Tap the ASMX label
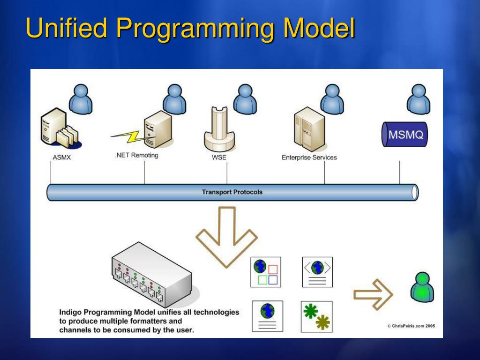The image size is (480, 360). point(61,157)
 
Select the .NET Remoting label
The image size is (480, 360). point(136,155)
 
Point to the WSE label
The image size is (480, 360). point(219,157)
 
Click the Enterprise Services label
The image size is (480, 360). point(309,157)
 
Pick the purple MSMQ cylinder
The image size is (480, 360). point(405,135)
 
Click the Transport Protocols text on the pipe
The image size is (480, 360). point(232,192)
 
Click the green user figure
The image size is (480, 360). point(422,288)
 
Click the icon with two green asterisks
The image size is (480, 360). point(316,316)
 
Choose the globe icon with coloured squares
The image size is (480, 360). point(266,272)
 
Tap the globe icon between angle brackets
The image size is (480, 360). point(317,272)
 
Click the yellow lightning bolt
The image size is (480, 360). point(127,136)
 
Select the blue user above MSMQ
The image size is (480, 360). point(418,99)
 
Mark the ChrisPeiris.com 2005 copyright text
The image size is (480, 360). point(411,326)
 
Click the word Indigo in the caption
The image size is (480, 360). point(70,312)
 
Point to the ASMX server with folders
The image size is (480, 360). point(59,129)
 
